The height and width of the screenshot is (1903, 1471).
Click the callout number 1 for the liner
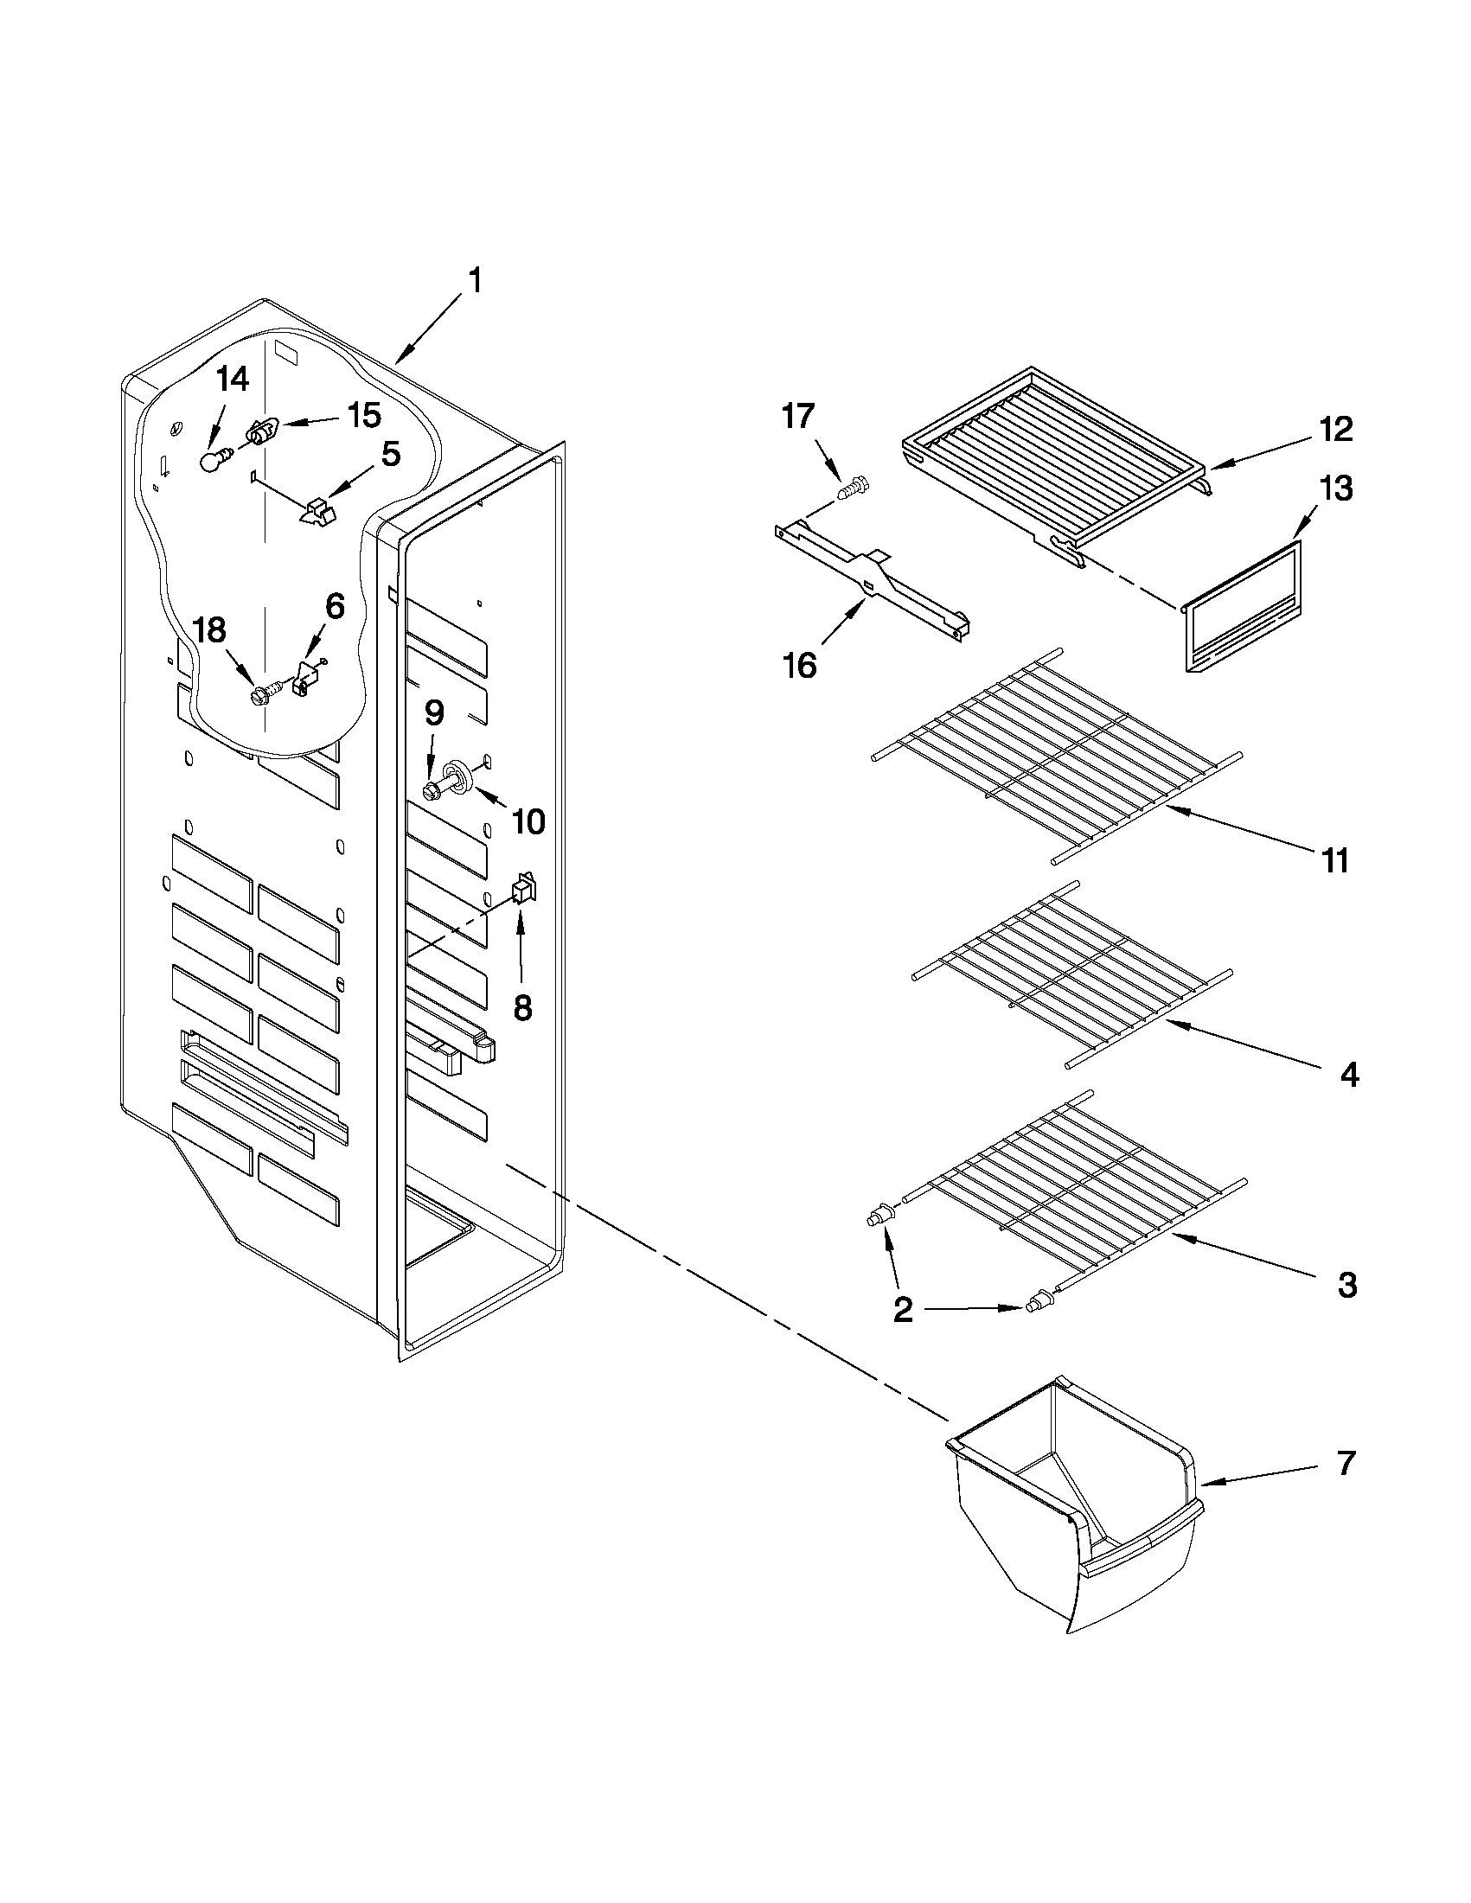pyautogui.click(x=474, y=282)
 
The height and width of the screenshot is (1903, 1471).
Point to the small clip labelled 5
pyautogui.click(x=317, y=512)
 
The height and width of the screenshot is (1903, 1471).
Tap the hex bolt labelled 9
pyautogui.click(x=433, y=791)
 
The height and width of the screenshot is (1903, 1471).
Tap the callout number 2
pyautogui.click(x=904, y=1332)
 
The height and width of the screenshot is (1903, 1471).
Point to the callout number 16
pyautogui.click(x=799, y=666)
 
